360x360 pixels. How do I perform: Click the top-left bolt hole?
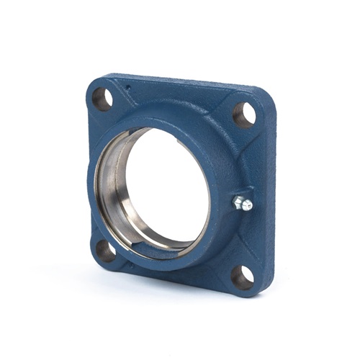[103, 99]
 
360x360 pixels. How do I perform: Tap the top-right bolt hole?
[245, 114]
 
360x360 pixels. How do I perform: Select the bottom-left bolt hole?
[105, 250]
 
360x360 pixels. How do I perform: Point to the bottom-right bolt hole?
[242, 277]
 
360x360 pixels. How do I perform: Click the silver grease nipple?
[243, 203]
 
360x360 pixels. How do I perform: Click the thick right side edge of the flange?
[269, 202]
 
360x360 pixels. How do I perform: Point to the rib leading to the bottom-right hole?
[220, 252]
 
